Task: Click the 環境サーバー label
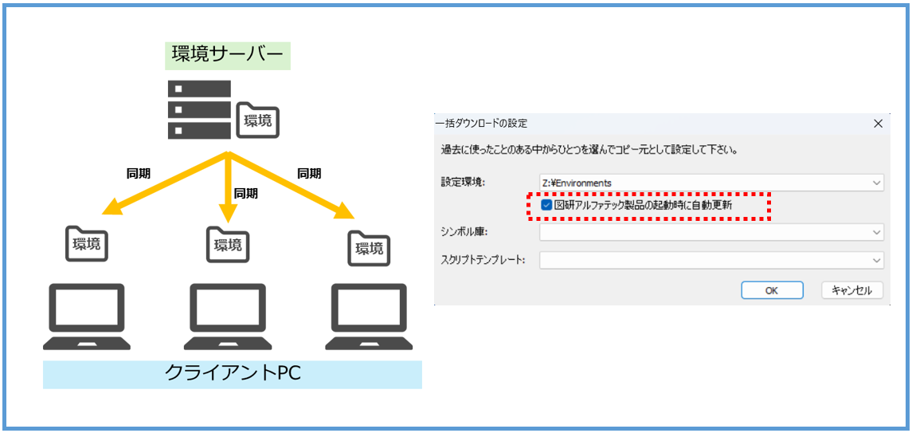(227, 55)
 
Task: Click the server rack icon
(199, 108)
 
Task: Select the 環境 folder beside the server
(258, 120)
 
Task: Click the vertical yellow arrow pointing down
(228, 188)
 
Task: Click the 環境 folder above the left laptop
(86, 243)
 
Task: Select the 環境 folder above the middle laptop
(227, 244)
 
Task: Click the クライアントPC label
(233, 373)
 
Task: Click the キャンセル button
(851, 290)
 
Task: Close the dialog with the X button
(878, 124)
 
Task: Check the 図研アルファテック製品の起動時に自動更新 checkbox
(546, 205)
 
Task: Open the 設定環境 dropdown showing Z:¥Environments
(711, 183)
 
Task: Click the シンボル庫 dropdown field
(711, 232)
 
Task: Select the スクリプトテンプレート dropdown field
(711, 260)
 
